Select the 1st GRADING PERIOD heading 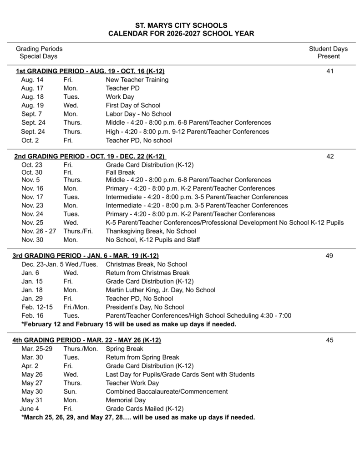point(90,71)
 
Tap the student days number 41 point(330,71)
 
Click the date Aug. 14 point(30,80)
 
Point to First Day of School point(133,106)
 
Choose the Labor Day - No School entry point(138,114)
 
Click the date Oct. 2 point(30,140)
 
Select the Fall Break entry point(121,173)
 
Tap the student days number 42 point(330,157)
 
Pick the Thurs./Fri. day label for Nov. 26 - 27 point(78,231)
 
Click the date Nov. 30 point(32,240)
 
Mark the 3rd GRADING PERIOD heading point(86,256)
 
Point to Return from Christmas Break point(147,273)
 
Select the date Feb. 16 point(32,315)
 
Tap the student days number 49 point(330,256)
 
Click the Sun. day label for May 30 point(70,391)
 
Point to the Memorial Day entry point(126,400)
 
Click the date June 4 point(29,409)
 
